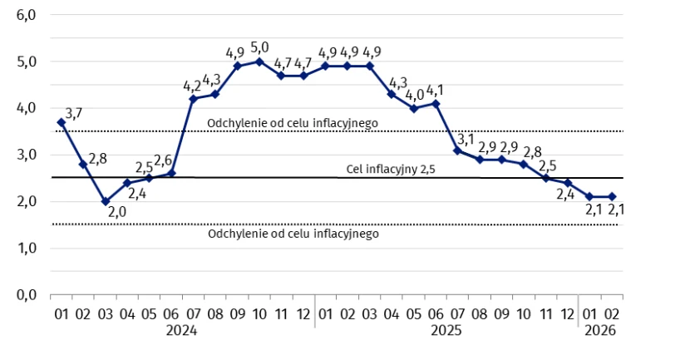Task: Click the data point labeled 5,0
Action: [259, 62]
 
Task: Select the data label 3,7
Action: [73, 113]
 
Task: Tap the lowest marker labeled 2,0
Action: [105, 201]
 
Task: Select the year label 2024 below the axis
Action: [182, 330]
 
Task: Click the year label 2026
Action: [600, 330]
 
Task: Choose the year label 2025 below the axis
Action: [446, 330]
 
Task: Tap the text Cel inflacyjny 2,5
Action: [392, 170]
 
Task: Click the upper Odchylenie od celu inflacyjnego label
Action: [293, 122]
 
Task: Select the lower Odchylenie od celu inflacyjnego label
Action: [293, 234]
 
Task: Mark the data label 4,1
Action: [436, 90]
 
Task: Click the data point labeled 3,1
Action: [457, 150]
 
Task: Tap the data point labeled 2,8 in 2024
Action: [83, 165]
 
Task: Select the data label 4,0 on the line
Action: [414, 95]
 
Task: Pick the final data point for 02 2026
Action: [612, 197]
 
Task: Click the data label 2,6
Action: [163, 160]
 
